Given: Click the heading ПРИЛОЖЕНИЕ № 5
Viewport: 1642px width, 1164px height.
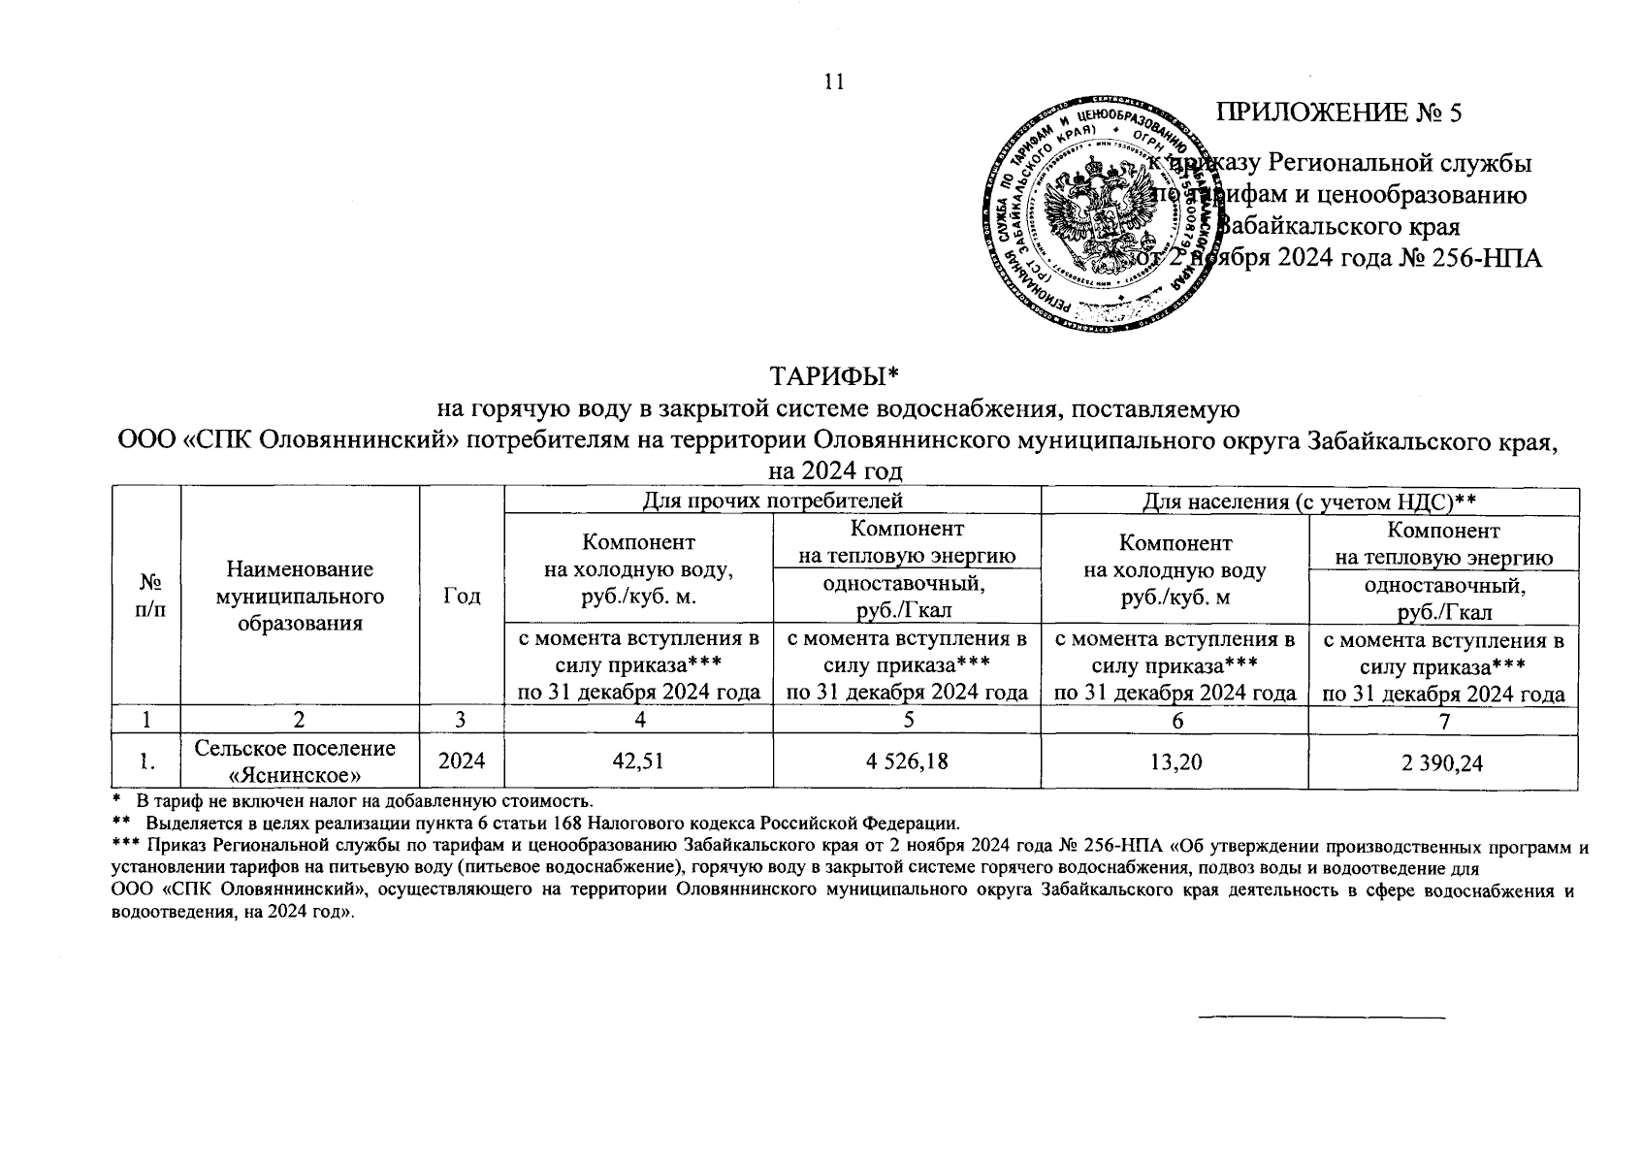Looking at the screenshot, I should pyautogui.click(x=1339, y=113).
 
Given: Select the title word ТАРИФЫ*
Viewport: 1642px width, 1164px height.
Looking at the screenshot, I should pyautogui.click(x=834, y=374).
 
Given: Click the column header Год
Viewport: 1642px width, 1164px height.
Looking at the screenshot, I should pyautogui.click(x=462, y=596).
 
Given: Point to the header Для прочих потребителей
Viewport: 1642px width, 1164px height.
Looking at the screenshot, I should pyautogui.click(x=772, y=501).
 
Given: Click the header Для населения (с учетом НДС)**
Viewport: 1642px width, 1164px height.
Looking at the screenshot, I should pyautogui.click(x=1309, y=501).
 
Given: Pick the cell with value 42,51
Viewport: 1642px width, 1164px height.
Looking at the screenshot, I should pyautogui.click(x=638, y=762).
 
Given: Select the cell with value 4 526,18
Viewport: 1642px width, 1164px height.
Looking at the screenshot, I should pyautogui.click(x=907, y=762).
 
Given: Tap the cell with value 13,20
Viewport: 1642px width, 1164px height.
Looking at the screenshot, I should pyautogui.click(x=1174, y=762).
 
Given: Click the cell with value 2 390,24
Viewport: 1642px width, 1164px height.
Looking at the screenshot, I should pyautogui.click(x=1442, y=763).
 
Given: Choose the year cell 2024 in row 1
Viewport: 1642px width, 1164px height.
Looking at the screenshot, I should pyautogui.click(x=462, y=762).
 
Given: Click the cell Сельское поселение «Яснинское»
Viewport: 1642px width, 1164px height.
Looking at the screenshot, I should pyautogui.click(x=295, y=761).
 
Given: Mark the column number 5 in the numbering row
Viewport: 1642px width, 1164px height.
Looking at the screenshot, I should pyautogui.click(x=907, y=720).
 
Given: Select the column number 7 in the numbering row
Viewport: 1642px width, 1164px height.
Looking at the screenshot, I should pyautogui.click(x=1443, y=720).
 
